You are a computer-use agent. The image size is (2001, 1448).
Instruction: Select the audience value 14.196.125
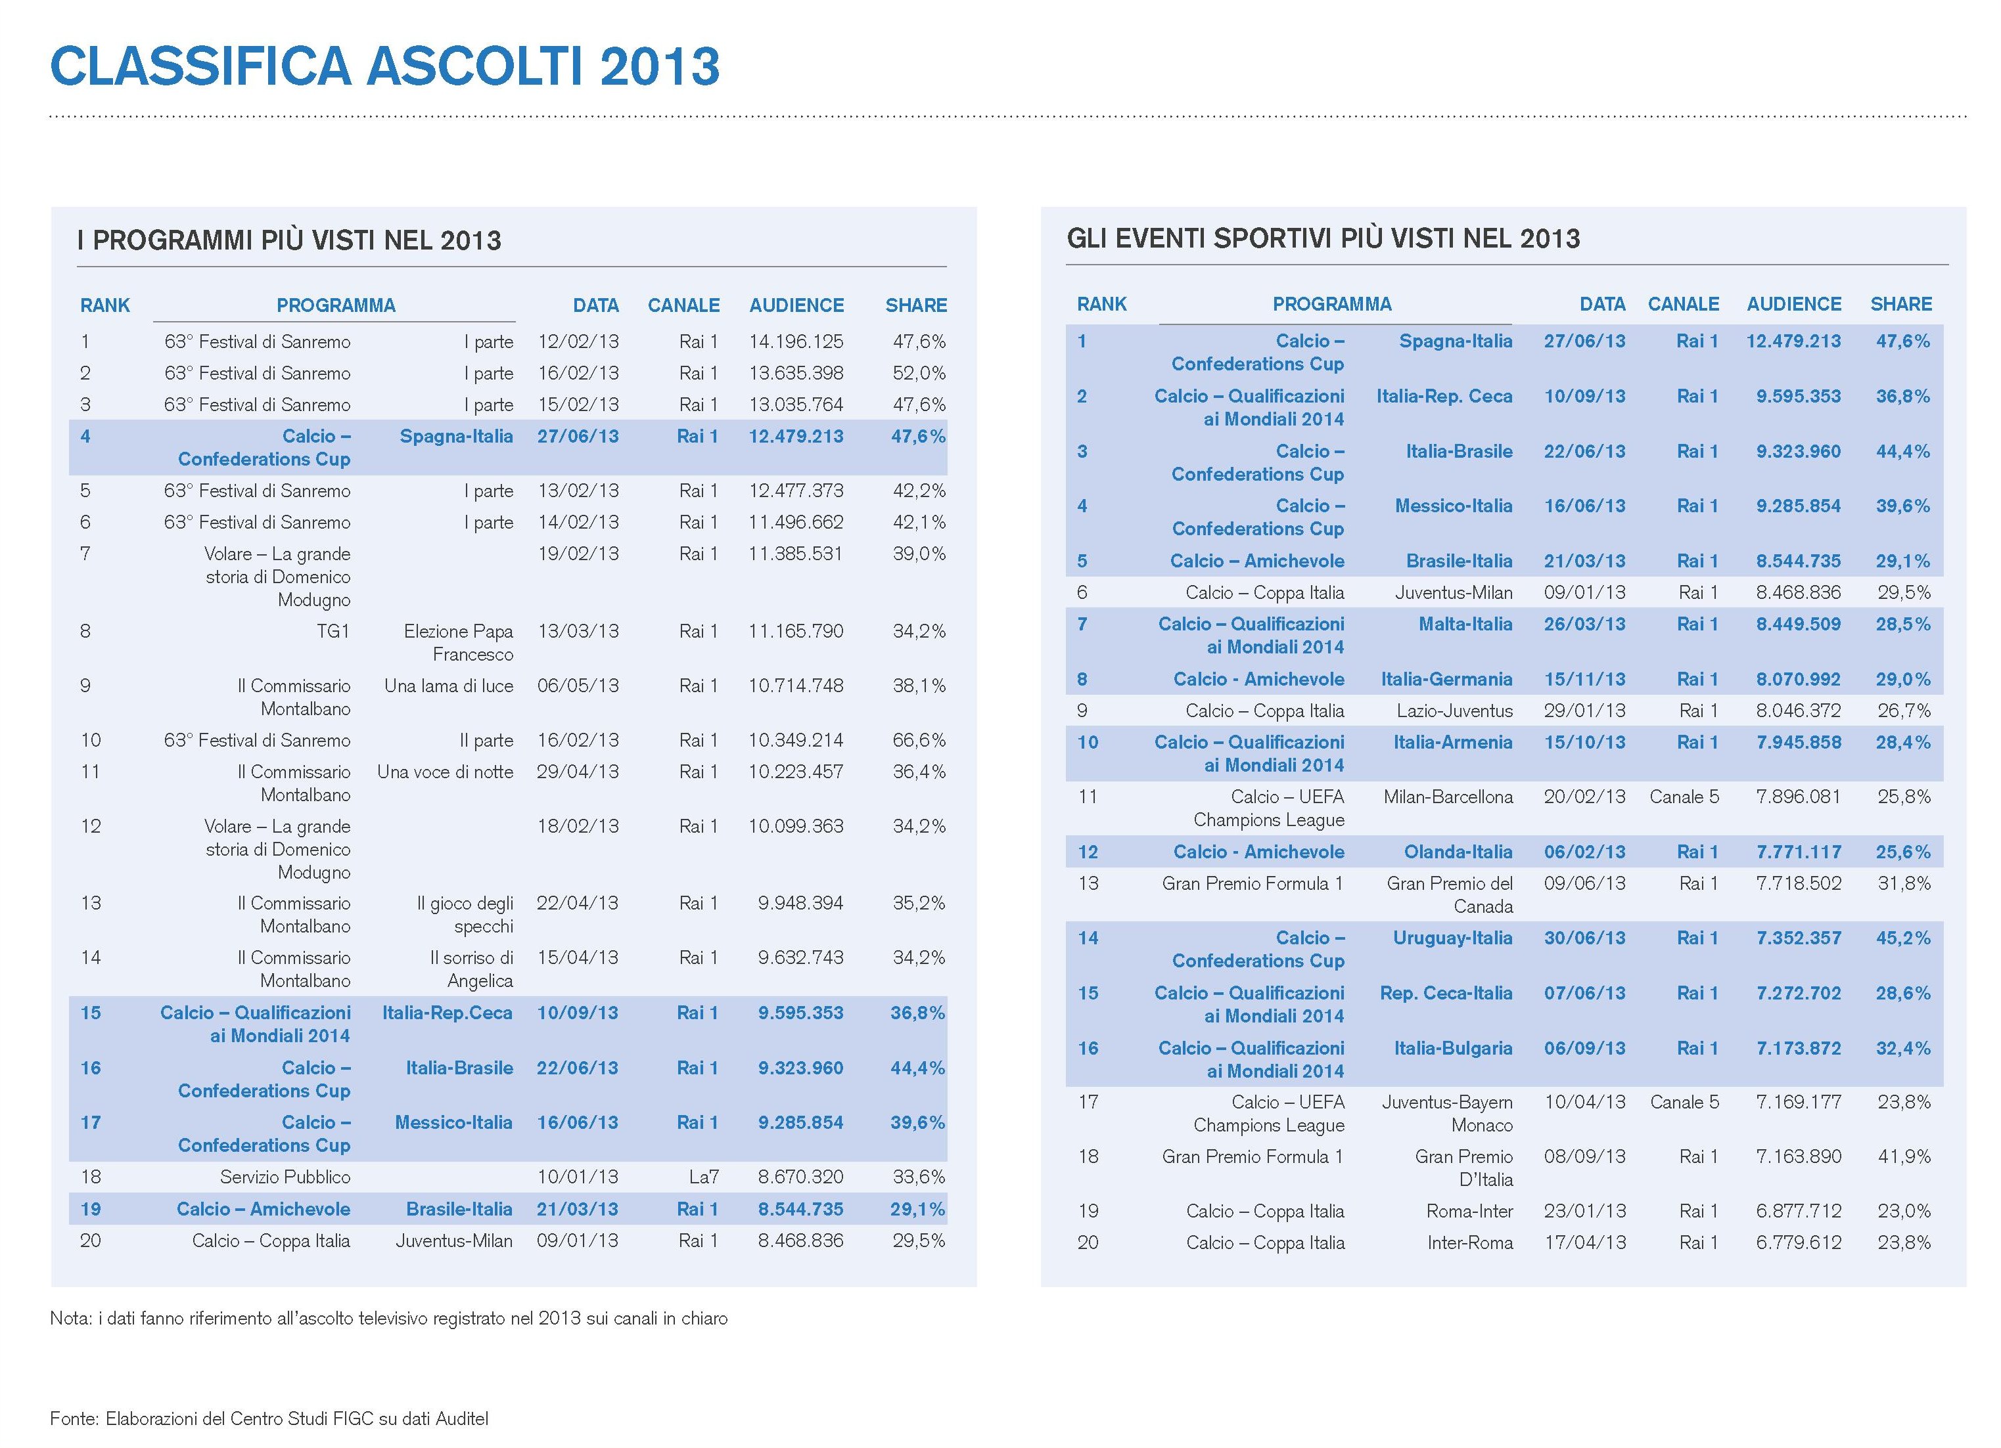point(796,341)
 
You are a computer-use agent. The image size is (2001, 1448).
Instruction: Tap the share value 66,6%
point(919,740)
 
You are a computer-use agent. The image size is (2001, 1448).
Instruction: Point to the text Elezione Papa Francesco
point(459,643)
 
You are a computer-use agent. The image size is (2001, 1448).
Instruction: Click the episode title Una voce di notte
point(445,772)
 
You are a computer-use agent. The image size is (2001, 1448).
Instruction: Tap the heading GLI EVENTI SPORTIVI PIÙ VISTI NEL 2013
point(1323,238)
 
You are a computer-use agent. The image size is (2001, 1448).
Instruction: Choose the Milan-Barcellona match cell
point(1448,797)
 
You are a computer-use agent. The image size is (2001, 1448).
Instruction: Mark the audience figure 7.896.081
point(1798,797)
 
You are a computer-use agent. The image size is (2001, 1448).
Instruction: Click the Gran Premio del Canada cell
point(1450,895)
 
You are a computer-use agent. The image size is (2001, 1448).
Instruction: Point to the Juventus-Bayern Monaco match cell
point(1447,1114)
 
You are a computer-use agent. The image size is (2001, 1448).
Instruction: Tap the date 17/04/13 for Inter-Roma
point(1584,1242)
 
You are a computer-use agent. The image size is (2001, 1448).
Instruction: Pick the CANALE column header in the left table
point(684,305)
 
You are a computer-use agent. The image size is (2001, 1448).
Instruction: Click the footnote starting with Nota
point(389,1319)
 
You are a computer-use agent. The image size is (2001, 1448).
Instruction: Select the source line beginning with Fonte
point(269,1419)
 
